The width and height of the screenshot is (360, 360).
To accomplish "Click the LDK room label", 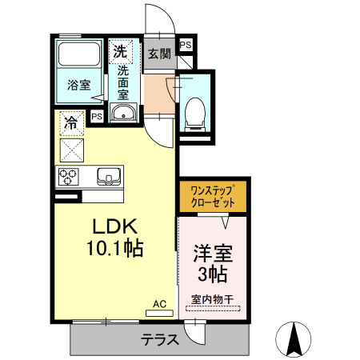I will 109,227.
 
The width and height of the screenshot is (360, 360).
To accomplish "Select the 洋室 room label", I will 212,255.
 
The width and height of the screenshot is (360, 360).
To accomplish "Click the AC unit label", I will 159,304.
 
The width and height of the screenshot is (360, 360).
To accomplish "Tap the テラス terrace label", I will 160,339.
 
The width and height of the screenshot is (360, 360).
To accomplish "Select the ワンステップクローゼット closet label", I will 212,197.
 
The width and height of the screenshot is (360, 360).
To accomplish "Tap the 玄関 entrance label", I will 159,54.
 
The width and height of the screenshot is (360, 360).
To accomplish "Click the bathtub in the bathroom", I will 78,55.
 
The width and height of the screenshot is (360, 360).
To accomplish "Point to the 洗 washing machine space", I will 119,51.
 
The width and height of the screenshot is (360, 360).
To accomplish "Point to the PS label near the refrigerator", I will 97,117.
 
